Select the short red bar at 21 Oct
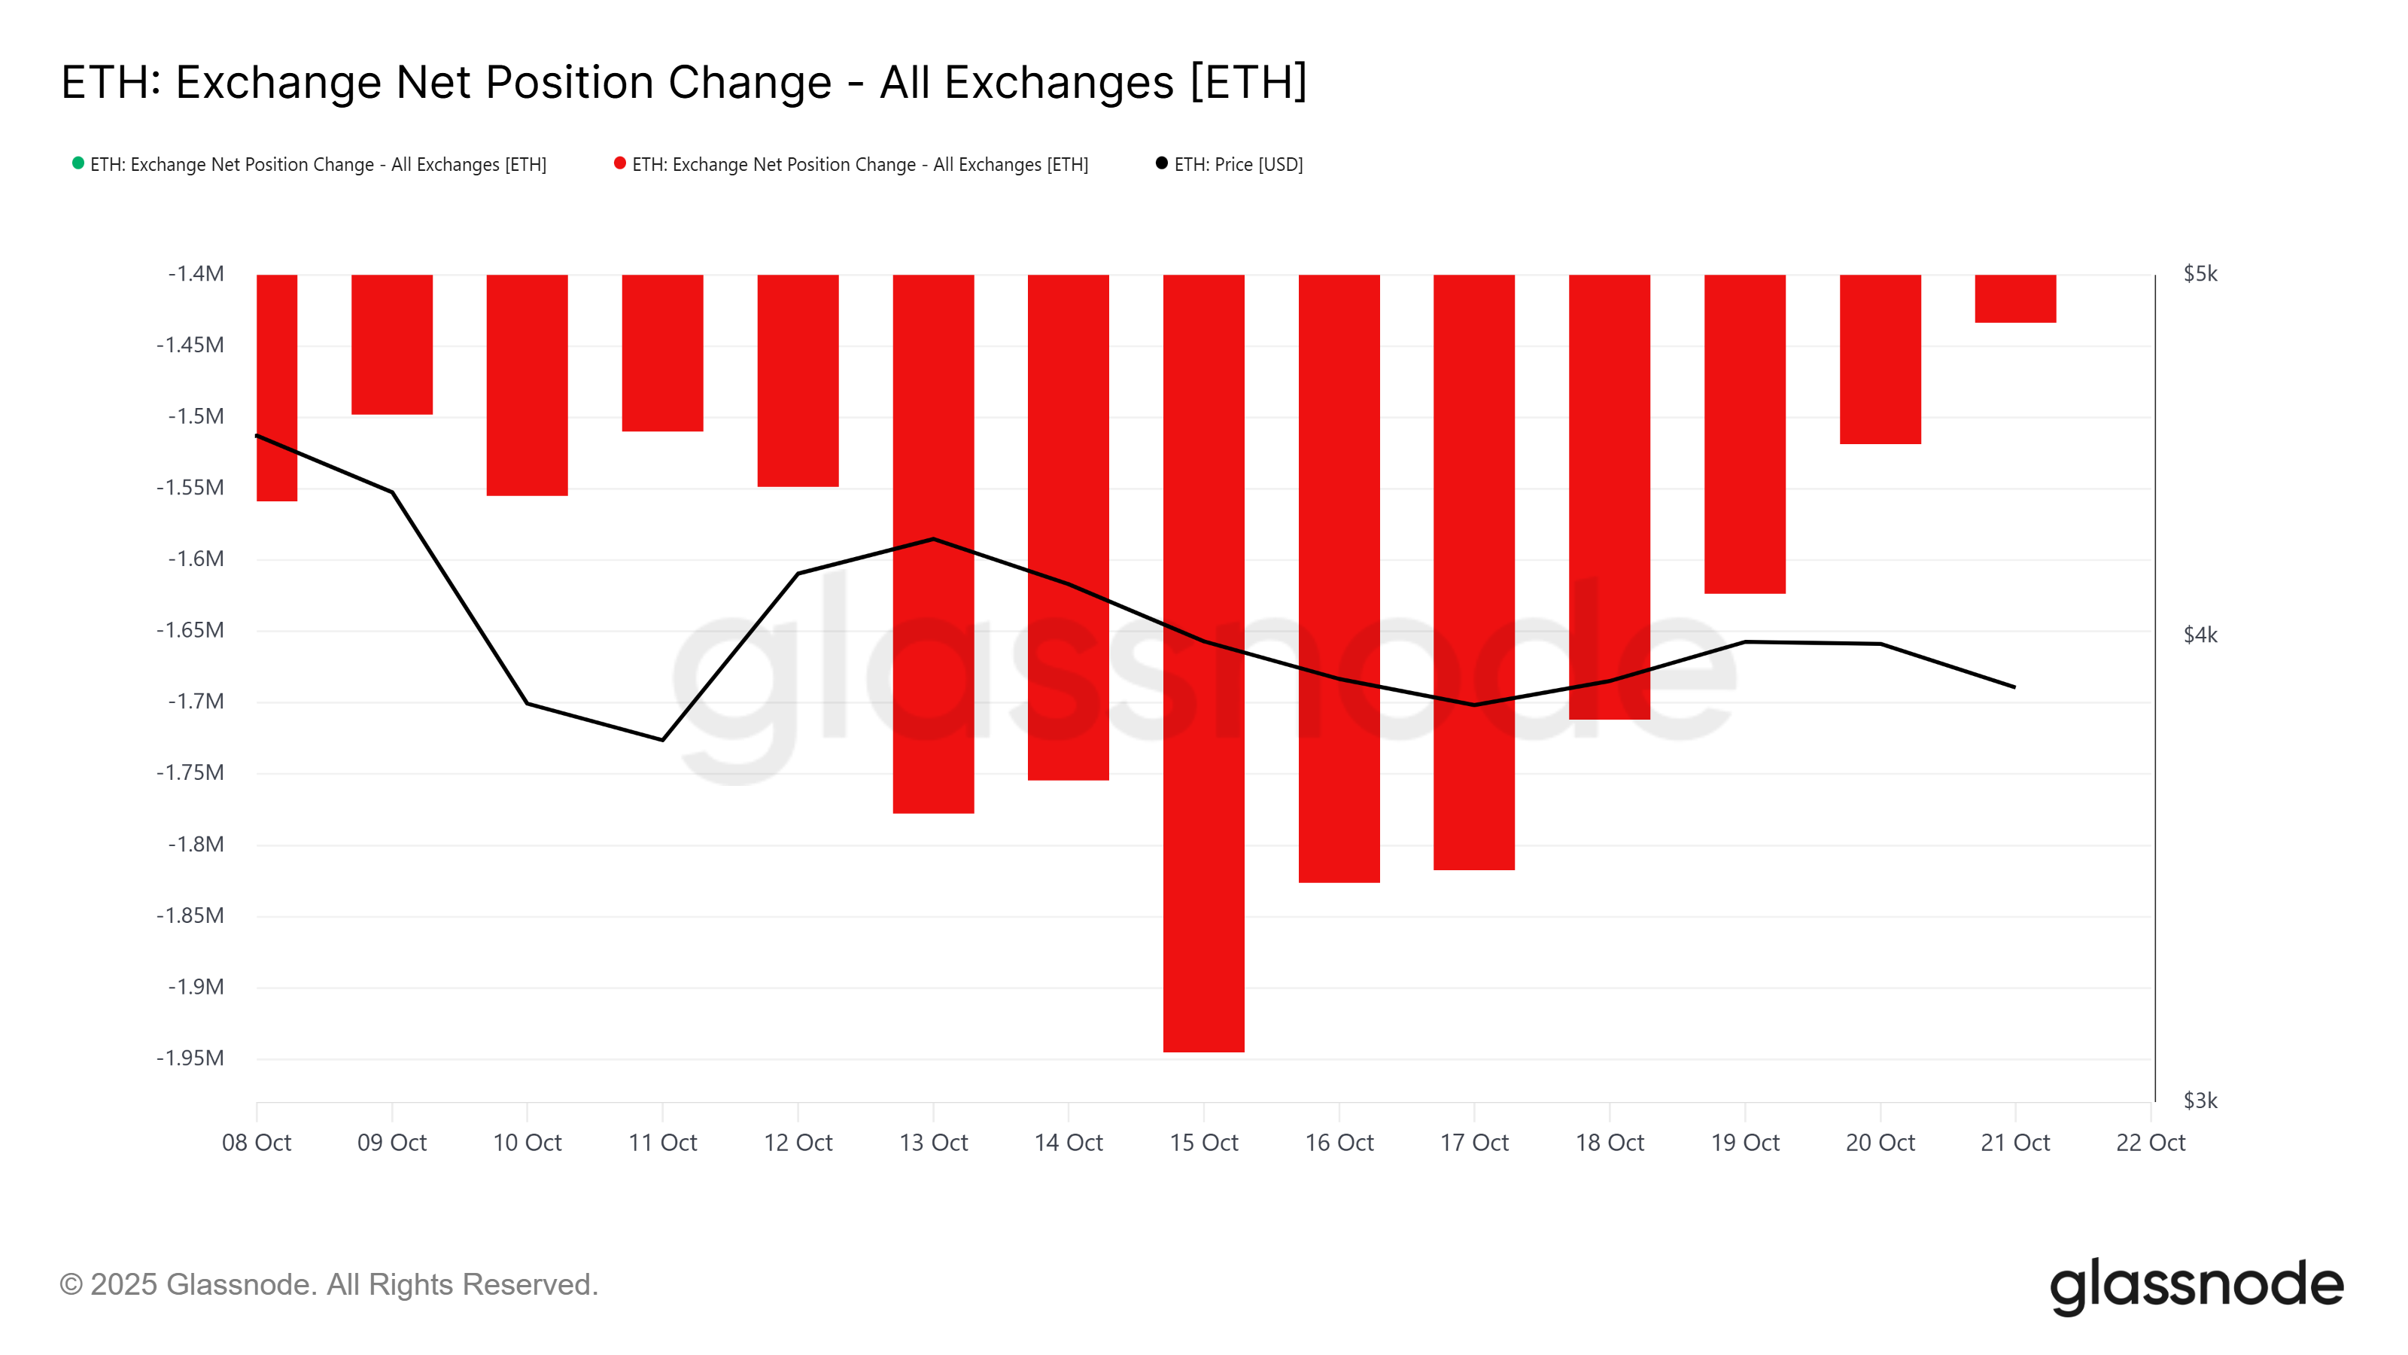pos(2014,298)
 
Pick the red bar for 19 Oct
pos(1744,434)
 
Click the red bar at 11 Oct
pos(662,352)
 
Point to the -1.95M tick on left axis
pos(190,1058)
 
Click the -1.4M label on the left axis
pos(196,274)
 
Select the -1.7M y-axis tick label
pos(196,702)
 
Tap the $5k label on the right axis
pos(2200,274)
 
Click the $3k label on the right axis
pos(2200,1101)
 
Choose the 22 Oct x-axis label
pos(2150,1143)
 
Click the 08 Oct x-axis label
pos(256,1143)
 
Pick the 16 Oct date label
pos(1339,1143)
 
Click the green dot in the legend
pos(78,163)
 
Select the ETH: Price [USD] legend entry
pos(1238,165)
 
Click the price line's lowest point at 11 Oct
pos(663,740)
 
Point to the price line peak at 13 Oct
pos(933,540)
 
